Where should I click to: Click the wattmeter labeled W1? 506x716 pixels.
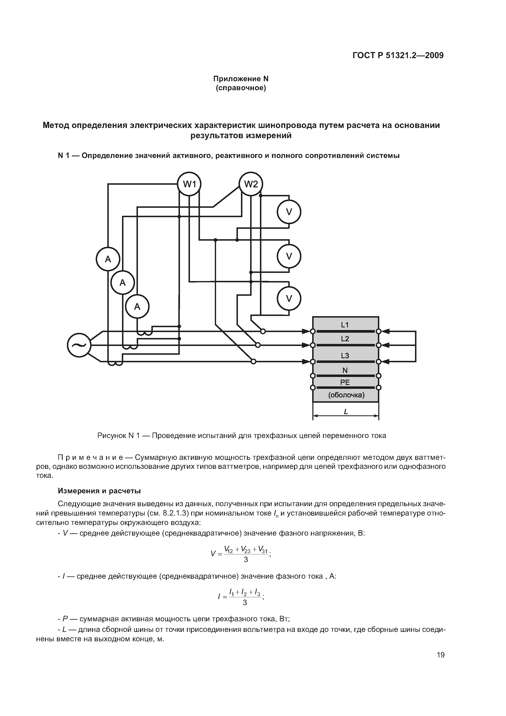click(x=189, y=184)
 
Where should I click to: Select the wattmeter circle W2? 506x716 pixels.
click(x=251, y=184)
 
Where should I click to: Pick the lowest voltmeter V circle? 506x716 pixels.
click(x=289, y=298)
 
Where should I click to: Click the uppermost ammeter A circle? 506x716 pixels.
click(x=108, y=259)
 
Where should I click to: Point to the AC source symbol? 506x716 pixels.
click(x=79, y=345)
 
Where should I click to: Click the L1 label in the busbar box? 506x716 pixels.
click(x=345, y=325)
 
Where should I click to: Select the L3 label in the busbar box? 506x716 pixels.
click(x=345, y=356)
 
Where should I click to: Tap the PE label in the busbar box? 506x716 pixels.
click(x=345, y=382)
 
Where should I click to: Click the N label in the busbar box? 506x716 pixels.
click(x=345, y=370)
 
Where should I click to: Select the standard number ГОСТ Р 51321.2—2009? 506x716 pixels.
click(x=398, y=56)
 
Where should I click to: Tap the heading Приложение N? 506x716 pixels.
click(x=241, y=79)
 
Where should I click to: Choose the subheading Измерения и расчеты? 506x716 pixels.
click(x=99, y=491)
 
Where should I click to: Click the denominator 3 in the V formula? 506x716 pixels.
click(x=246, y=560)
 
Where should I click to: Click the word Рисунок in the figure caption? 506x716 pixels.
click(x=111, y=436)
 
